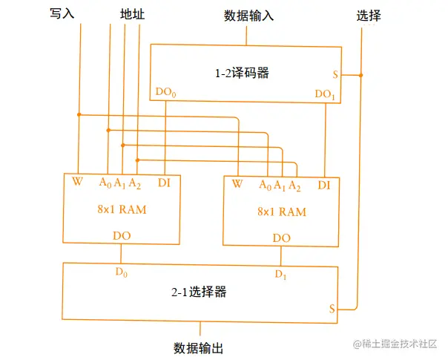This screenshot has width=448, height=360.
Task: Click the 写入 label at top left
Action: pyautogui.click(x=63, y=14)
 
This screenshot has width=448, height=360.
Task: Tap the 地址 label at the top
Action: pyautogui.click(x=134, y=14)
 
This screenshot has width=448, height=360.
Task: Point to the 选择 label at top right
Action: pyautogui.click(x=369, y=15)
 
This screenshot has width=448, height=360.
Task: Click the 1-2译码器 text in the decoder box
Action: pyautogui.click(x=242, y=73)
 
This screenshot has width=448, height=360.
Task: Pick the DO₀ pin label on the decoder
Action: pyautogui.click(x=166, y=94)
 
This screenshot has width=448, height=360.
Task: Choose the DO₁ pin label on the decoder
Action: pyautogui.click(x=325, y=94)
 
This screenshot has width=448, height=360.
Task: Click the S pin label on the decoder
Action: pyautogui.click(x=336, y=75)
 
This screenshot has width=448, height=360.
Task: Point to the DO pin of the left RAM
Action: pyautogui.click(x=122, y=235)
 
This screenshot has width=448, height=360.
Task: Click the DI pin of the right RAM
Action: pyautogui.click(x=324, y=185)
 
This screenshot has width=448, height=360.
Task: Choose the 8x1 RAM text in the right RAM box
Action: pyautogui.click(x=282, y=212)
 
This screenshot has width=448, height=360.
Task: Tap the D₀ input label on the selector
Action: pyautogui.click(x=122, y=272)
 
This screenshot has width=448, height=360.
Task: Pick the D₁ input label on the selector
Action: pyautogui.click(x=280, y=275)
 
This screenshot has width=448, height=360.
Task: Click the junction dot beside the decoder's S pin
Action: pyautogui.click(x=360, y=75)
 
